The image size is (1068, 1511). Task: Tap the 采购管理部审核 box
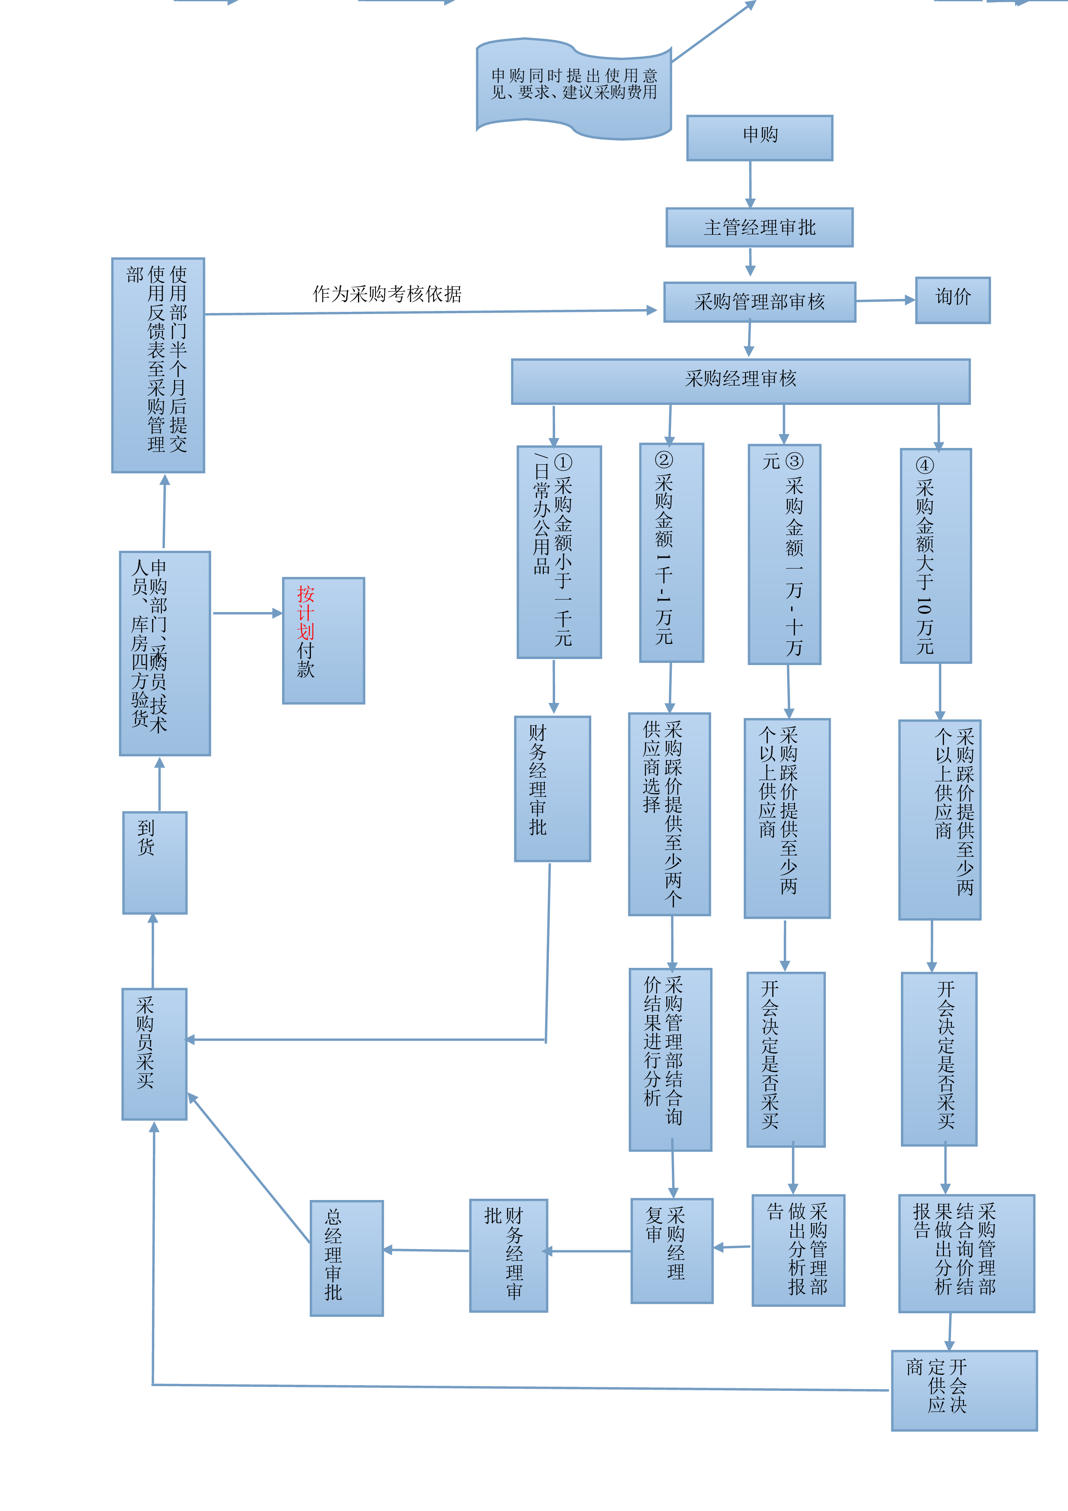(759, 302)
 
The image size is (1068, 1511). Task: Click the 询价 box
(953, 300)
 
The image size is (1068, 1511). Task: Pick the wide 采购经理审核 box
(740, 381)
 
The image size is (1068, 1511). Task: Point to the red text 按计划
(305, 612)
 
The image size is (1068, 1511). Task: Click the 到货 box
(155, 863)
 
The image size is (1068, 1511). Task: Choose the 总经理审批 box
(347, 1258)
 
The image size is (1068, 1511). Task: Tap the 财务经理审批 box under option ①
(552, 788)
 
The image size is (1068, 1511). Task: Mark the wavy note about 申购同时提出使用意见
(574, 89)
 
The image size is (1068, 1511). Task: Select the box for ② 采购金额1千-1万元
(671, 552)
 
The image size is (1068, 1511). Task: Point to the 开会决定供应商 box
(964, 1390)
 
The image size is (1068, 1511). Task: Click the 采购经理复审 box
(671, 1250)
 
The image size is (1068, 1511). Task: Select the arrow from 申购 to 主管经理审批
(750, 184)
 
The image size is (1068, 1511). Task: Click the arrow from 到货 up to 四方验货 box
(159, 784)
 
